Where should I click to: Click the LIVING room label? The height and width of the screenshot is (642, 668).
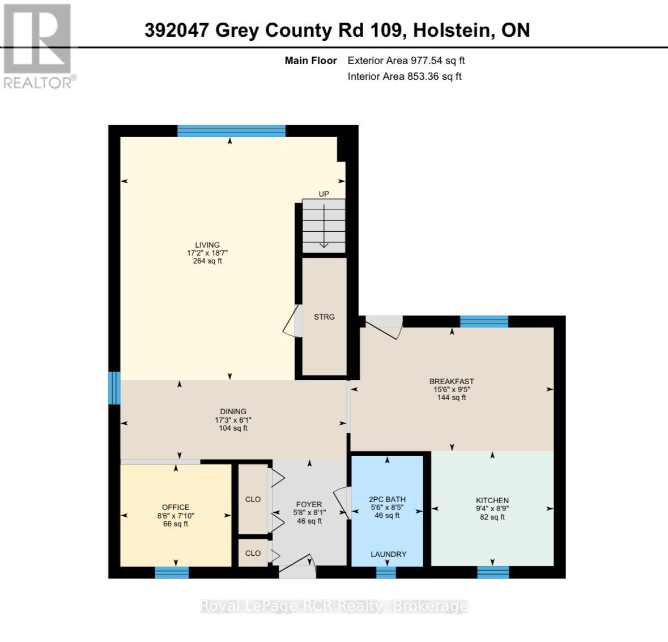pyautogui.click(x=207, y=245)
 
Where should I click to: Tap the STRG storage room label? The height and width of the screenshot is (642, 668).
pyautogui.click(x=324, y=317)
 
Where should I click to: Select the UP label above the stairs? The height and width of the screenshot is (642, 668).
pyautogui.click(x=324, y=194)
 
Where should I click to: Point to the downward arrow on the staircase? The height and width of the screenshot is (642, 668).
pyautogui.click(x=324, y=226)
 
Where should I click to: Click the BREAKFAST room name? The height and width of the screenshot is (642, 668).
pyautogui.click(x=452, y=381)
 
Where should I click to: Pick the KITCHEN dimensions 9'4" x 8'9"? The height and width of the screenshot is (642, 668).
pyautogui.click(x=492, y=508)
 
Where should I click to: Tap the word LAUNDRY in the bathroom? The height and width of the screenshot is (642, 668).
pyautogui.click(x=389, y=554)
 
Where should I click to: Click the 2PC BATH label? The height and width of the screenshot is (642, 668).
pyautogui.click(x=387, y=499)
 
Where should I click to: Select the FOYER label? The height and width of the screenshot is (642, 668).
pyautogui.click(x=309, y=504)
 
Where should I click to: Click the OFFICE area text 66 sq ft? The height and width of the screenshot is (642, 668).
pyautogui.click(x=176, y=524)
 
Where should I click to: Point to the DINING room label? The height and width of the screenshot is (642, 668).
pyautogui.click(x=233, y=411)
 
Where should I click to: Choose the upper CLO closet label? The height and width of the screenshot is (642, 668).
pyautogui.click(x=253, y=499)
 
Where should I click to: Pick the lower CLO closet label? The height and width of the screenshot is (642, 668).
pyautogui.click(x=253, y=553)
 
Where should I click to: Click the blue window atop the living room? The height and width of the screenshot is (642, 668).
pyautogui.click(x=231, y=131)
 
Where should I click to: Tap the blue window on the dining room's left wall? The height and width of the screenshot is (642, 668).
pyautogui.click(x=114, y=388)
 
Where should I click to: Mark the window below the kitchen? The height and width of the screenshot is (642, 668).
pyautogui.click(x=493, y=572)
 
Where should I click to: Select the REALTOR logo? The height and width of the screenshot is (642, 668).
pyautogui.click(x=37, y=46)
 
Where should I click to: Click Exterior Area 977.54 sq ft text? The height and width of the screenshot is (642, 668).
pyautogui.click(x=406, y=61)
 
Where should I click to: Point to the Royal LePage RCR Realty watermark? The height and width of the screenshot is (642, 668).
pyautogui.click(x=334, y=606)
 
